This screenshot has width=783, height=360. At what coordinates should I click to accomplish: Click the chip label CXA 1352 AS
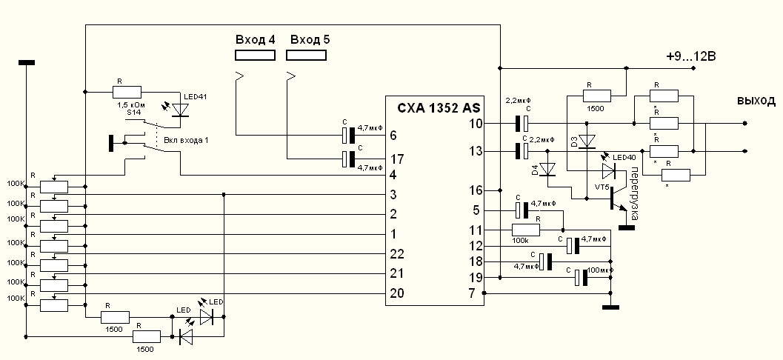tap(433, 107)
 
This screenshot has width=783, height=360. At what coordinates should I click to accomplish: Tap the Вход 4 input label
tap(254, 39)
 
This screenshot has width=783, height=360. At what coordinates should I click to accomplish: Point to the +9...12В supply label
tap(694, 56)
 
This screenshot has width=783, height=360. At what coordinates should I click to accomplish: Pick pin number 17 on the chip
tap(396, 159)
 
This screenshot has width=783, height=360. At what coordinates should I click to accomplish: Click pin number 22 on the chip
tap(396, 254)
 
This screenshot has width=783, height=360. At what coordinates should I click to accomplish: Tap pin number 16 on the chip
tap(475, 190)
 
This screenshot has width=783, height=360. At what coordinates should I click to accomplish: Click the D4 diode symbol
tap(549, 170)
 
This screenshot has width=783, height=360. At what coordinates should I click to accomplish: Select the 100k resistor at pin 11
tap(526, 230)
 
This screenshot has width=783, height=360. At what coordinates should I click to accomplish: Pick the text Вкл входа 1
tap(183, 141)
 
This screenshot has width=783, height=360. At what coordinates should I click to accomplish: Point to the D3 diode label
tap(573, 140)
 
